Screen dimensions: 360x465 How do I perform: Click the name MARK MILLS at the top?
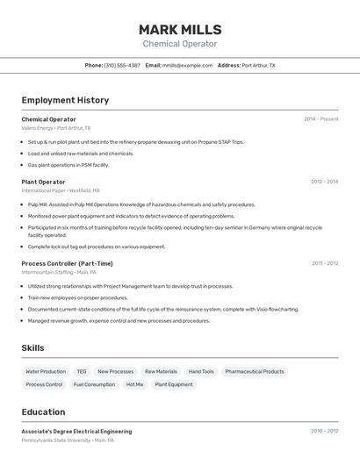click(x=180, y=30)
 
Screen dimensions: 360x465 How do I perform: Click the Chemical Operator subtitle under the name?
click(x=180, y=44)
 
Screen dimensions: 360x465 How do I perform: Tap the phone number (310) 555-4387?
click(x=122, y=65)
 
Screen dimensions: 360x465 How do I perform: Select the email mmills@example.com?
click(x=187, y=65)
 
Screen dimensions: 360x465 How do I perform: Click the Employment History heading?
click(x=65, y=100)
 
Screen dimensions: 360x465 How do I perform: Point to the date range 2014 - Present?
click(x=320, y=118)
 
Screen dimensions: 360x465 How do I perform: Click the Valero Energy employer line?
click(x=55, y=128)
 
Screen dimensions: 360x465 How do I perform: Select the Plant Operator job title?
click(x=43, y=182)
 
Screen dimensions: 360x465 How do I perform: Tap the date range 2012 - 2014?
click(x=324, y=182)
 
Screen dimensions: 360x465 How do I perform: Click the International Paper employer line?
click(x=60, y=190)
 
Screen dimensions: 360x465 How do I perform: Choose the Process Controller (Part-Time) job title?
click(x=67, y=263)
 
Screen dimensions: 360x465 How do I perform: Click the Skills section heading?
click(x=32, y=348)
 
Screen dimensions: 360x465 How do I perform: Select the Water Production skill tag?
click(x=46, y=371)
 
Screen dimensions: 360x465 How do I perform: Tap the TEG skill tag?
click(x=82, y=371)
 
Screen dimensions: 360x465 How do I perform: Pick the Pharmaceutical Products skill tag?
click(x=255, y=371)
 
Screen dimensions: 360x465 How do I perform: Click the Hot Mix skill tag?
click(x=134, y=384)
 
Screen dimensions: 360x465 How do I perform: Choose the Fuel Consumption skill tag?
click(x=94, y=384)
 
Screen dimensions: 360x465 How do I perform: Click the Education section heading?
click(x=43, y=411)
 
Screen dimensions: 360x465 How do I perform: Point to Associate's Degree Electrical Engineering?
click(x=76, y=432)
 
